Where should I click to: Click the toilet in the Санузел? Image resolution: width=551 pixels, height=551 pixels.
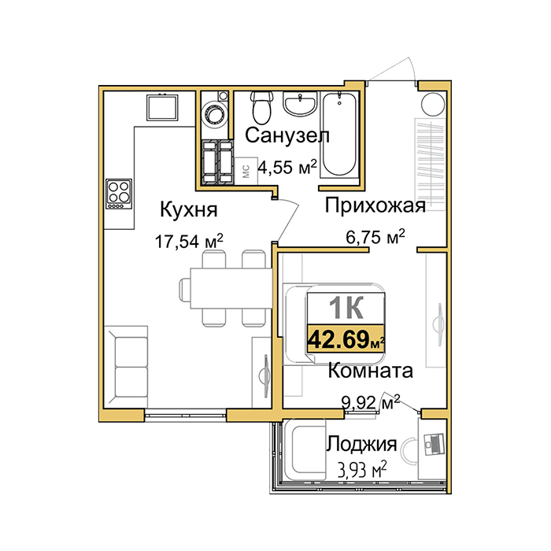[262, 106]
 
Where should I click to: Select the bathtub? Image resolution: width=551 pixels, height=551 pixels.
[339, 134]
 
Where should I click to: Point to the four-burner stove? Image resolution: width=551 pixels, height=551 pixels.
[119, 194]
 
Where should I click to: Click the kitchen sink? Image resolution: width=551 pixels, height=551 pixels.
[162, 107]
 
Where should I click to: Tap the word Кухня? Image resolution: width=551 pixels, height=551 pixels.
[189, 210]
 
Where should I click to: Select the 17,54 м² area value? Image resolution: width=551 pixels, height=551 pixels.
[189, 241]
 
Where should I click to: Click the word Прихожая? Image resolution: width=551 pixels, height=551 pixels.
[375, 205]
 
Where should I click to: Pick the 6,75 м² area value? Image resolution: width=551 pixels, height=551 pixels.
[375, 238]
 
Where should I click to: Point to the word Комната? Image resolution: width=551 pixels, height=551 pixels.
[370, 371]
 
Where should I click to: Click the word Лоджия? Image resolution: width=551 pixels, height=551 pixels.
[362, 445]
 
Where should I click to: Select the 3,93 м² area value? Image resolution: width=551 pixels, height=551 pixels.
[362, 469]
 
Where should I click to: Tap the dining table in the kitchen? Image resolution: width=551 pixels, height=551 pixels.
[231, 288]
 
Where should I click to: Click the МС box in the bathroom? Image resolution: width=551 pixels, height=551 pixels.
[246, 171]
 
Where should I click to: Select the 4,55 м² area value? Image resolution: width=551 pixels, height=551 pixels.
[287, 167]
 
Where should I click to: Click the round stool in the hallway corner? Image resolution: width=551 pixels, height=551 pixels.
[433, 105]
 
